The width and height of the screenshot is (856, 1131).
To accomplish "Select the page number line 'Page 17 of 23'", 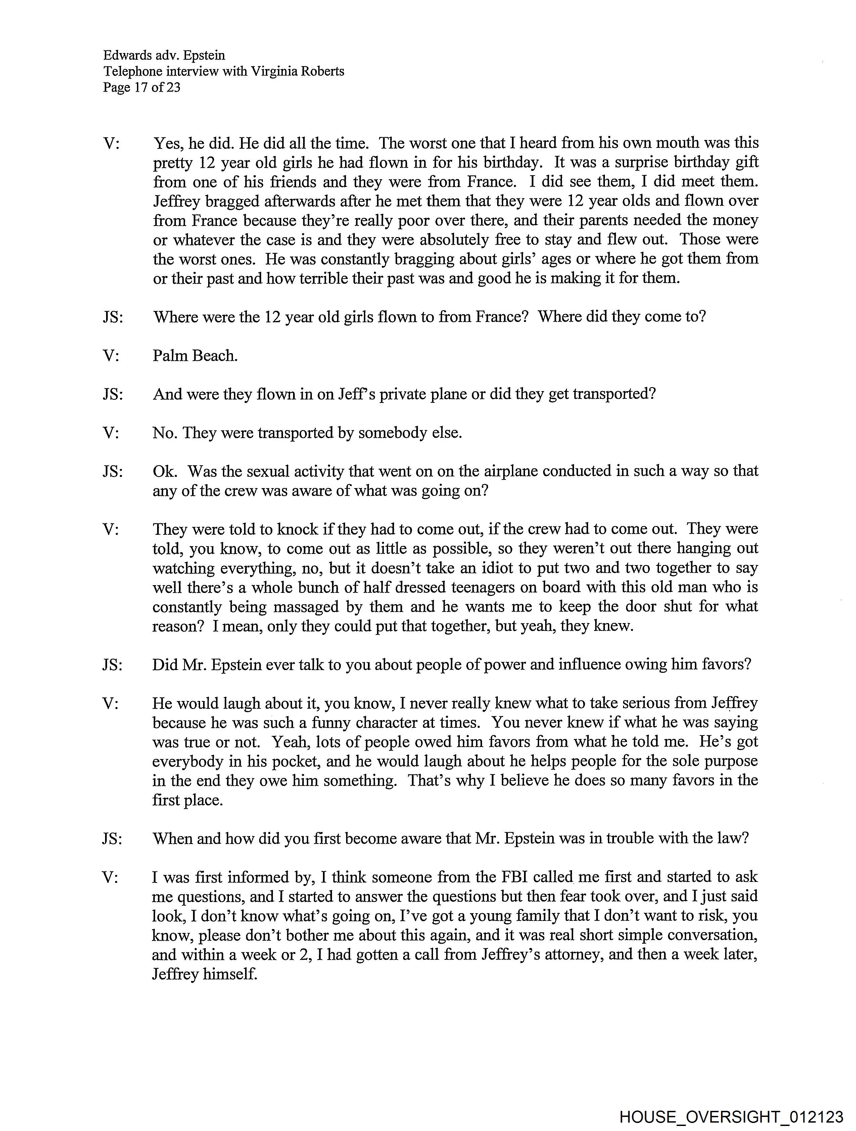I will point(142,87).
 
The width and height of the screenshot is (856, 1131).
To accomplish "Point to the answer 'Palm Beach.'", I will point(195,356).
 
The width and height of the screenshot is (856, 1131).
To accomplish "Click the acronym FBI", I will point(511,878).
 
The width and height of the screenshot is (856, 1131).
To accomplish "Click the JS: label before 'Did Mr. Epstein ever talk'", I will point(112,665).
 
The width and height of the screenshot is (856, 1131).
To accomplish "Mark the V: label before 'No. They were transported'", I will point(111,433).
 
